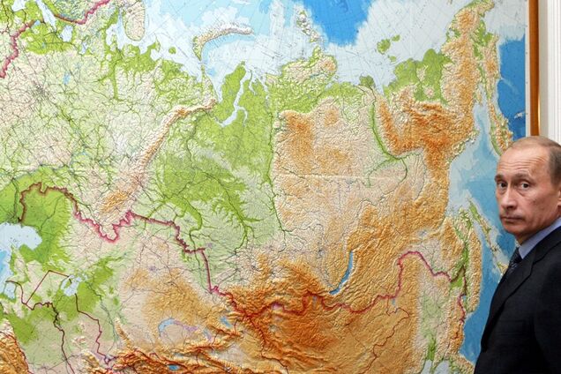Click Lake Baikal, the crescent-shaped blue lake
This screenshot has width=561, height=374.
[346, 272]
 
